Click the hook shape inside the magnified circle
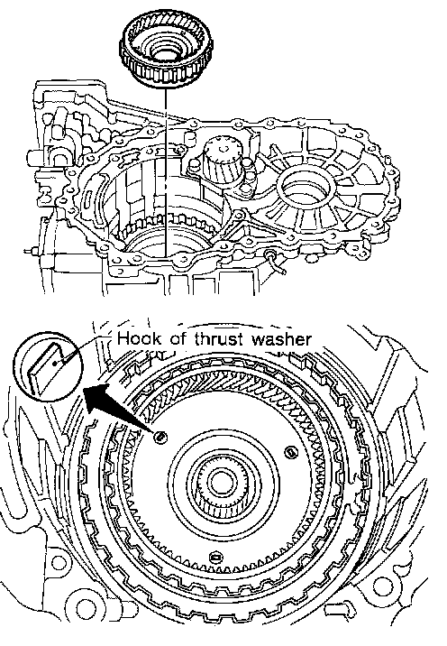(46, 367)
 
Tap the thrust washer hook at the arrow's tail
(160, 437)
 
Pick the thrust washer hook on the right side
(290, 453)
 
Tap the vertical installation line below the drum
(165, 171)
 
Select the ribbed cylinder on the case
(223, 161)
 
